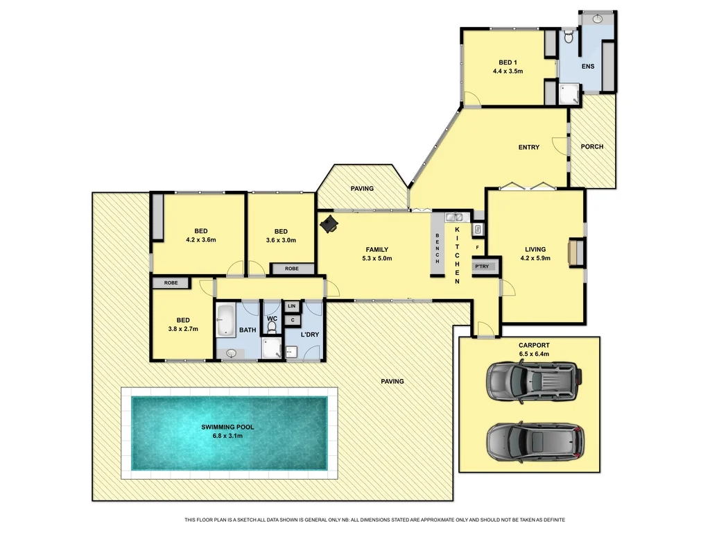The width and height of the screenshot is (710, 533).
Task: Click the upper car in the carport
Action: (532, 381)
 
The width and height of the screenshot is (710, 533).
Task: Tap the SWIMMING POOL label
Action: (229, 426)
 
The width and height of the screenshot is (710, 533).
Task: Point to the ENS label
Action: (588, 67)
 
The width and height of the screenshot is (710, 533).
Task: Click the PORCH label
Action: (591, 146)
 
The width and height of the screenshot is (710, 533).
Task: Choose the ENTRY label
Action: (528, 147)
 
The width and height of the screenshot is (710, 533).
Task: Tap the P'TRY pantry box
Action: (481, 266)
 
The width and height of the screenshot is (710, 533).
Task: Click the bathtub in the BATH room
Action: (226, 319)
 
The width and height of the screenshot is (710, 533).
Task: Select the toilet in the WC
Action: (272, 324)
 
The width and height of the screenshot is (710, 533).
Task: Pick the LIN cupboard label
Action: (291, 305)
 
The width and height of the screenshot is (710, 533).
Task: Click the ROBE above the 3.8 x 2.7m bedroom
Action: (171, 283)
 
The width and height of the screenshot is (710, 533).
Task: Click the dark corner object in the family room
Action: (329, 223)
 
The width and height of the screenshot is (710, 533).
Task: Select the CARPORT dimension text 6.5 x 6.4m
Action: (534, 354)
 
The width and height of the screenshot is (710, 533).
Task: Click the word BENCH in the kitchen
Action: (438, 248)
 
